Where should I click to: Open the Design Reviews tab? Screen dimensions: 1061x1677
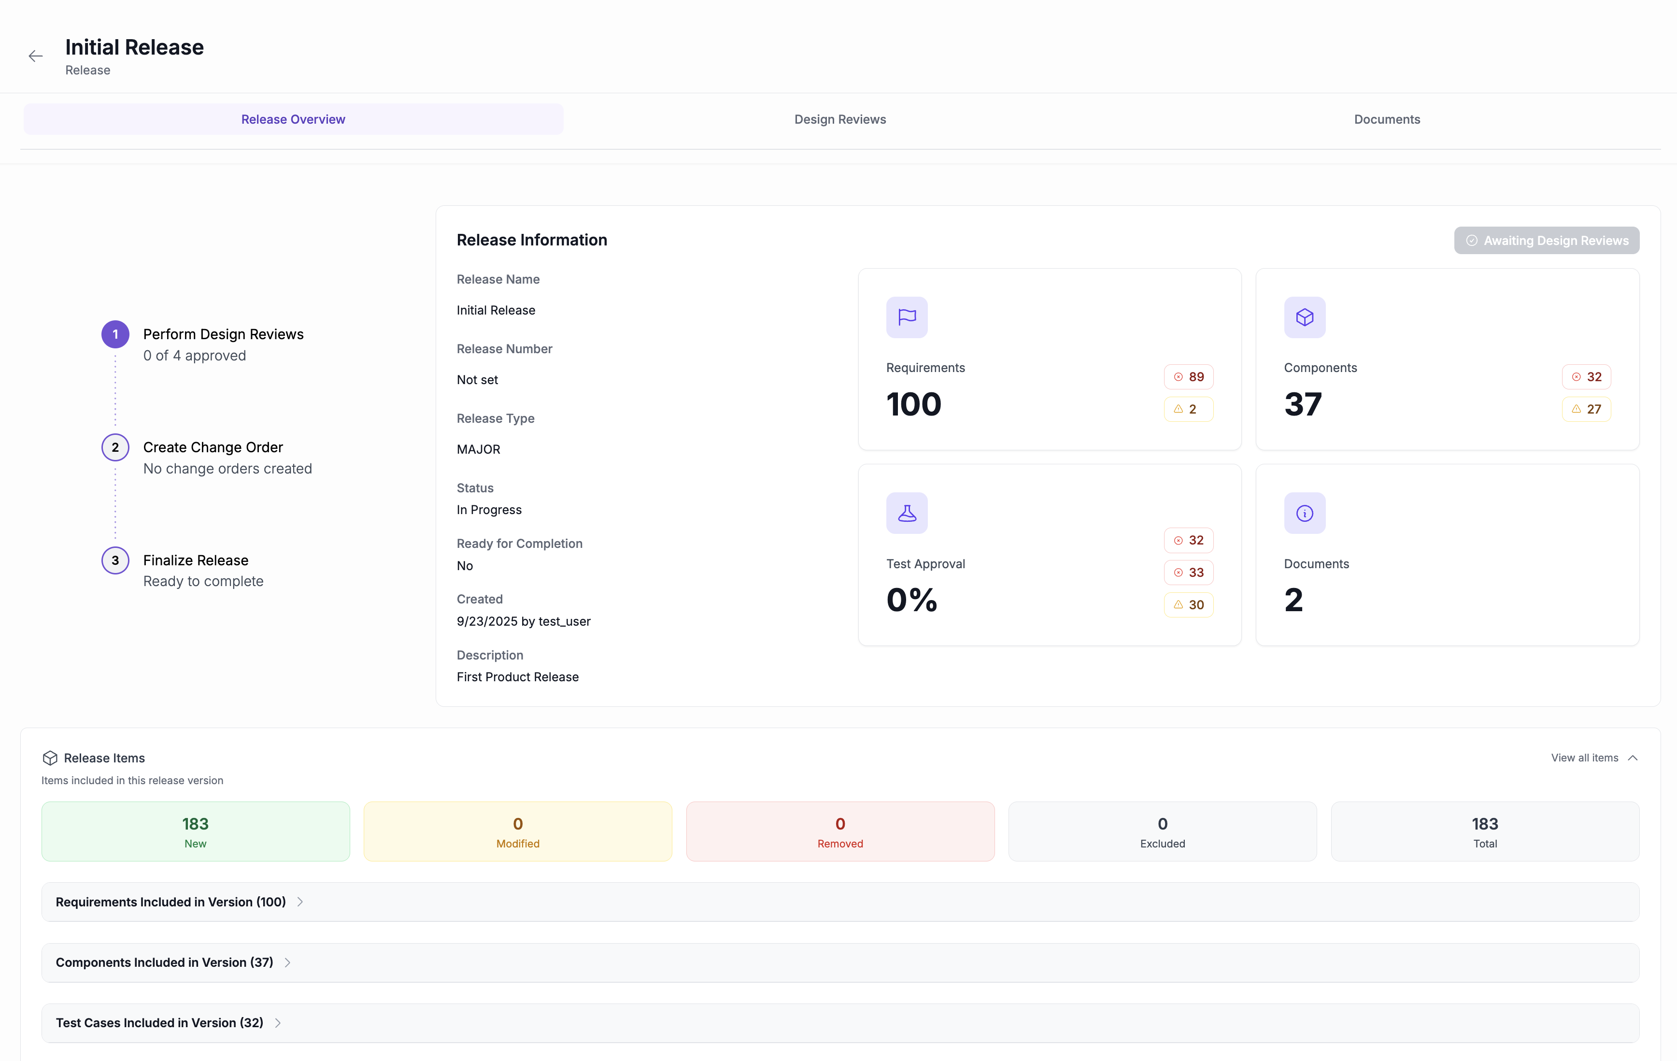tap(840, 119)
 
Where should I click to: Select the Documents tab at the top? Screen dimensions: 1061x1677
tap(1387, 119)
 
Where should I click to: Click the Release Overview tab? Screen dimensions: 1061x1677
tap(293, 119)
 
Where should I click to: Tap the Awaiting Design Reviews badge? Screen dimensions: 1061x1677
tap(1546, 240)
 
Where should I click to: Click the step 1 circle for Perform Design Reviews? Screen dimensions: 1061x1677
tap(115, 334)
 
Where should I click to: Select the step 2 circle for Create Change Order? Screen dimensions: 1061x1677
tap(115, 447)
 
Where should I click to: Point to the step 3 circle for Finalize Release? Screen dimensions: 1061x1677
tap(115, 560)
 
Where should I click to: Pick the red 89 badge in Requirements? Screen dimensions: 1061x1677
tap(1188, 377)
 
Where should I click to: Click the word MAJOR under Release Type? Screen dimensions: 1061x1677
tap(479, 449)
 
